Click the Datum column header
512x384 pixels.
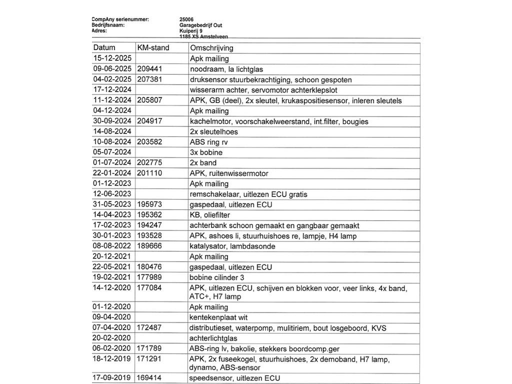[x=104, y=48]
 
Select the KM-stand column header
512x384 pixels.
[x=153, y=48]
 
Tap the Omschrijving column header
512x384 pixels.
[x=211, y=48]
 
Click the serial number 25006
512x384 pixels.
[x=186, y=19]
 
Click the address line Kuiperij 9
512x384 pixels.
[x=191, y=30]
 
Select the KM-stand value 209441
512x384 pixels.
[x=149, y=69]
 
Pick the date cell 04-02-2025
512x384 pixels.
[x=112, y=79]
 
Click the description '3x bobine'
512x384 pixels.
[x=206, y=152]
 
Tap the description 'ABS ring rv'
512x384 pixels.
[x=208, y=142]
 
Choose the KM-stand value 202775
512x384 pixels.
[x=149, y=163]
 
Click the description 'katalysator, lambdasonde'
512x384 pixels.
[x=232, y=246]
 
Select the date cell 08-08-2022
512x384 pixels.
[x=112, y=246]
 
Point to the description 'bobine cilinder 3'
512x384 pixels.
[x=216, y=277]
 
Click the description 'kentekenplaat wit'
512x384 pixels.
[x=218, y=317]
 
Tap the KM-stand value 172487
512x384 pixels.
[x=149, y=328]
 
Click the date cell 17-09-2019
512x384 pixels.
[x=112, y=378]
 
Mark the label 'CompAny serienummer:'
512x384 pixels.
[x=120, y=19]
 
